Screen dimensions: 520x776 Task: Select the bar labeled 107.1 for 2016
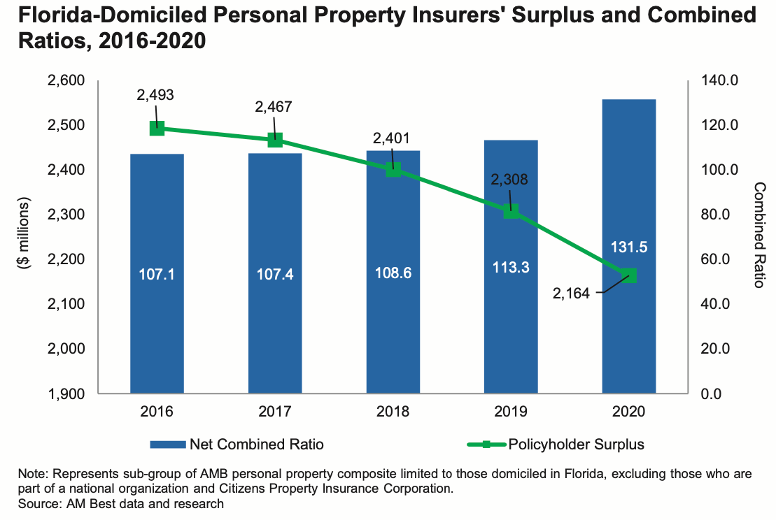(157, 315)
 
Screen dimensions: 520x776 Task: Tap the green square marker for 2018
(393, 169)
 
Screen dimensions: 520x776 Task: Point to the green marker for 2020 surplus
(629, 275)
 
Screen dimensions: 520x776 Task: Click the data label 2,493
(155, 96)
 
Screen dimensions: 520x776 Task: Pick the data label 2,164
(572, 294)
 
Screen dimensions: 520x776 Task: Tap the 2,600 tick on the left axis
(65, 81)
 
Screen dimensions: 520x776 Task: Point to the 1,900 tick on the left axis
(65, 393)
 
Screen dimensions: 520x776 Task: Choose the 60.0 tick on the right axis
(721, 259)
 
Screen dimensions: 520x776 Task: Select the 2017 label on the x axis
(275, 411)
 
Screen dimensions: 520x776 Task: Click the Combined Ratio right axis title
(759, 236)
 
